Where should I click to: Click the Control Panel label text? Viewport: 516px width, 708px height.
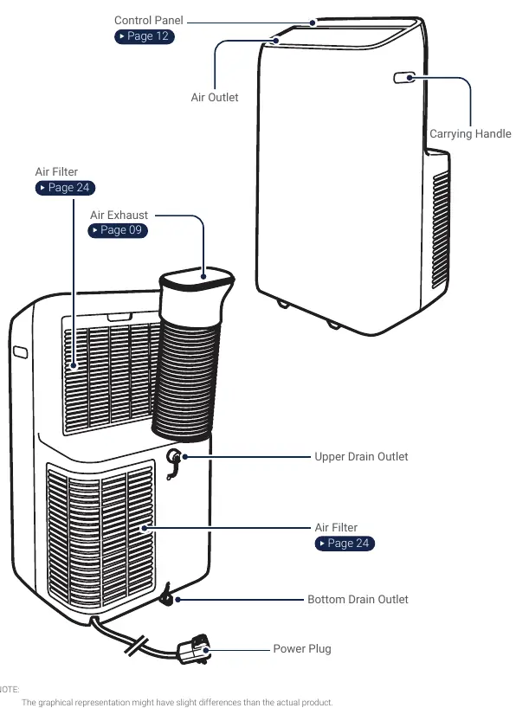(149, 20)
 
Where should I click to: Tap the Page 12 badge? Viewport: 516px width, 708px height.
(145, 36)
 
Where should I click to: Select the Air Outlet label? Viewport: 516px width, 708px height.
(215, 97)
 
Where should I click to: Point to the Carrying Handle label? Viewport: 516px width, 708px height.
(470, 133)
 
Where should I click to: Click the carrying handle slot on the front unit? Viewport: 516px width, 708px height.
(404, 78)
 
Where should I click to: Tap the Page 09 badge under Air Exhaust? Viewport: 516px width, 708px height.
(118, 230)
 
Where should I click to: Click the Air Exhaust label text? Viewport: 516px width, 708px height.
(119, 215)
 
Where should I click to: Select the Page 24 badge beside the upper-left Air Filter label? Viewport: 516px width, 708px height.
(66, 187)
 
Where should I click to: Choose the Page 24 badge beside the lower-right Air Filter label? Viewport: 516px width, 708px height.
(345, 544)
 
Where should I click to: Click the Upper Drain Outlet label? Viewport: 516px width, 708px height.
(361, 456)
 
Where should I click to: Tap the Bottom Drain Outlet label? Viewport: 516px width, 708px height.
(358, 599)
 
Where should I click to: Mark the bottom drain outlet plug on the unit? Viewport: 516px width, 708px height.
(167, 596)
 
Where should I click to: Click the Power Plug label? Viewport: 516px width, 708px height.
(302, 649)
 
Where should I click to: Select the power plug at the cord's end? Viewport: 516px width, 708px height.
(194, 649)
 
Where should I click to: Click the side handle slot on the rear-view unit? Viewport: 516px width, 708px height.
(20, 352)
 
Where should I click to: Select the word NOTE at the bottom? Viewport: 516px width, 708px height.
(9, 690)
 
